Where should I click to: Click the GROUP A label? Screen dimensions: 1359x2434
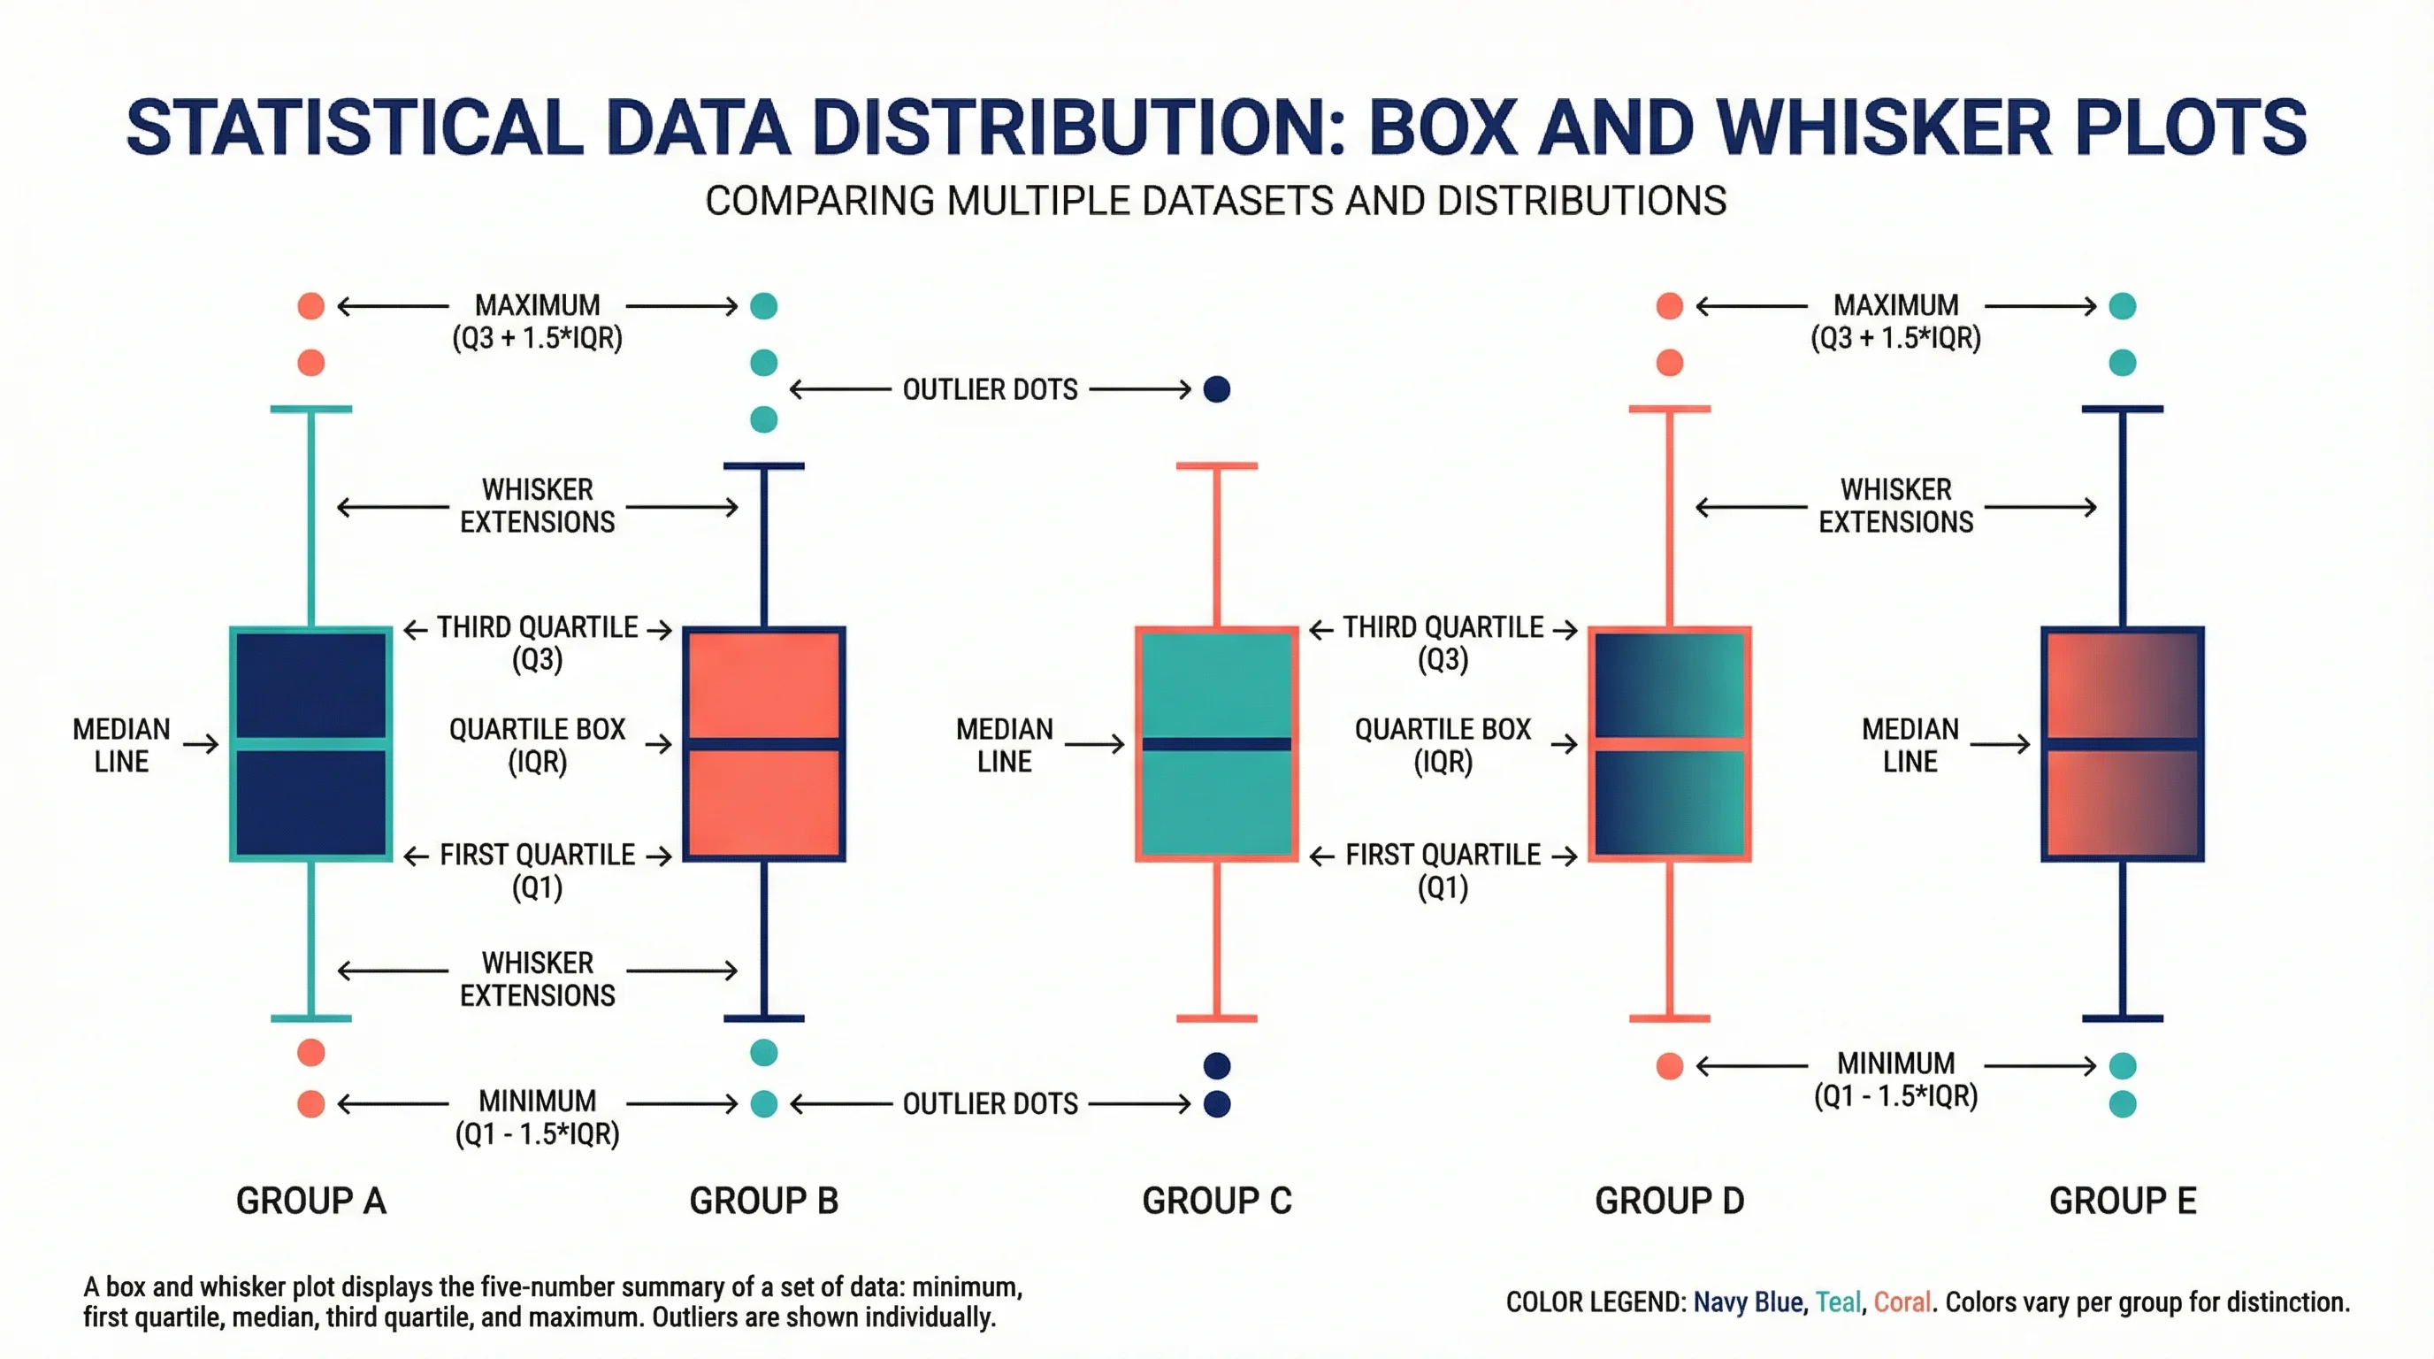(x=310, y=1201)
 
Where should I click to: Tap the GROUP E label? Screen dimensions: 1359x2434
(x=2122, y=1201)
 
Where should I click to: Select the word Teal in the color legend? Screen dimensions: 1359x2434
(x=1838, y=1302)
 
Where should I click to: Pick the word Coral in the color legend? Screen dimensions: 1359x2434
(x=1902, y=1302)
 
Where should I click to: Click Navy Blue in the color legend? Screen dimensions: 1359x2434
(x=1748, y=1302)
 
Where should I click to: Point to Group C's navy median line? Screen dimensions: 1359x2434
(x=1216, y=744)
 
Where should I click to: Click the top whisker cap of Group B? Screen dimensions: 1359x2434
(x=763, y=466)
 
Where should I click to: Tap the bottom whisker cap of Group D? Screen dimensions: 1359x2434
(x=1670, y=1018)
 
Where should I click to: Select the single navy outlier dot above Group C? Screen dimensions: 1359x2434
(x=1217, y=389)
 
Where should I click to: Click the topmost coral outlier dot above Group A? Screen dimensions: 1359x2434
(x=310, y=306)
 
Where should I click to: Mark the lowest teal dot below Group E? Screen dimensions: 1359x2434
(x=2122, y=1104)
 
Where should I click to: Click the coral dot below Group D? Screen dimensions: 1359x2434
(x=1670, y=1066)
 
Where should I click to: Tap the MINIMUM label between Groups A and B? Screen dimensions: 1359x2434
(x=537, y=1101)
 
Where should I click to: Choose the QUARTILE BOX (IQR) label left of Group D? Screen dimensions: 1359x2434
(x=1443, y=745)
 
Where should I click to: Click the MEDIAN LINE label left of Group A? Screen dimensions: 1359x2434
(x=121, y=745)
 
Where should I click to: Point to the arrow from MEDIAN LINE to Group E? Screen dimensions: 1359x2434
(x=2001, y=745)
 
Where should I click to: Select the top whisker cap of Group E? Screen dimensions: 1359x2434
(x=2122, y=410)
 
